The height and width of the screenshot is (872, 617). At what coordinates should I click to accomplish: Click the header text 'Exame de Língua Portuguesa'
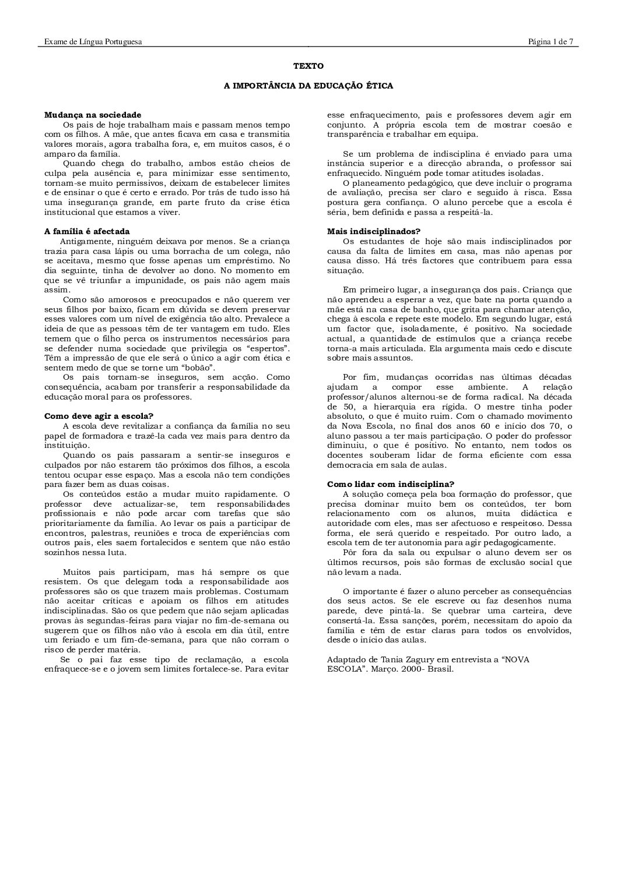tap(93, 41)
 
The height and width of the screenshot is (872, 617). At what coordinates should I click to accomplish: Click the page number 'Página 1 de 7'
tap(551, 41)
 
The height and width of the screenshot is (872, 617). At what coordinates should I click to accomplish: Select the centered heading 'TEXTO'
tap(308, 66)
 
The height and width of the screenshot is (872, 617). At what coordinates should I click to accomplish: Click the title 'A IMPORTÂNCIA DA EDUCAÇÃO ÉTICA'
tap(308, 86)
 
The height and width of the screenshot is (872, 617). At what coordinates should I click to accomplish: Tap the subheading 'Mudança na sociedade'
tap(93, 115)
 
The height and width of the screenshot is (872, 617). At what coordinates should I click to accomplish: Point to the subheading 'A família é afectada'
tap(87, 231)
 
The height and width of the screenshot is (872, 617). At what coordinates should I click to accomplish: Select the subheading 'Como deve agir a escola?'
tap(99, 416)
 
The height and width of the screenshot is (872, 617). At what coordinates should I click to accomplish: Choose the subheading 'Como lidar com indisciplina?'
tap(390, 484)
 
